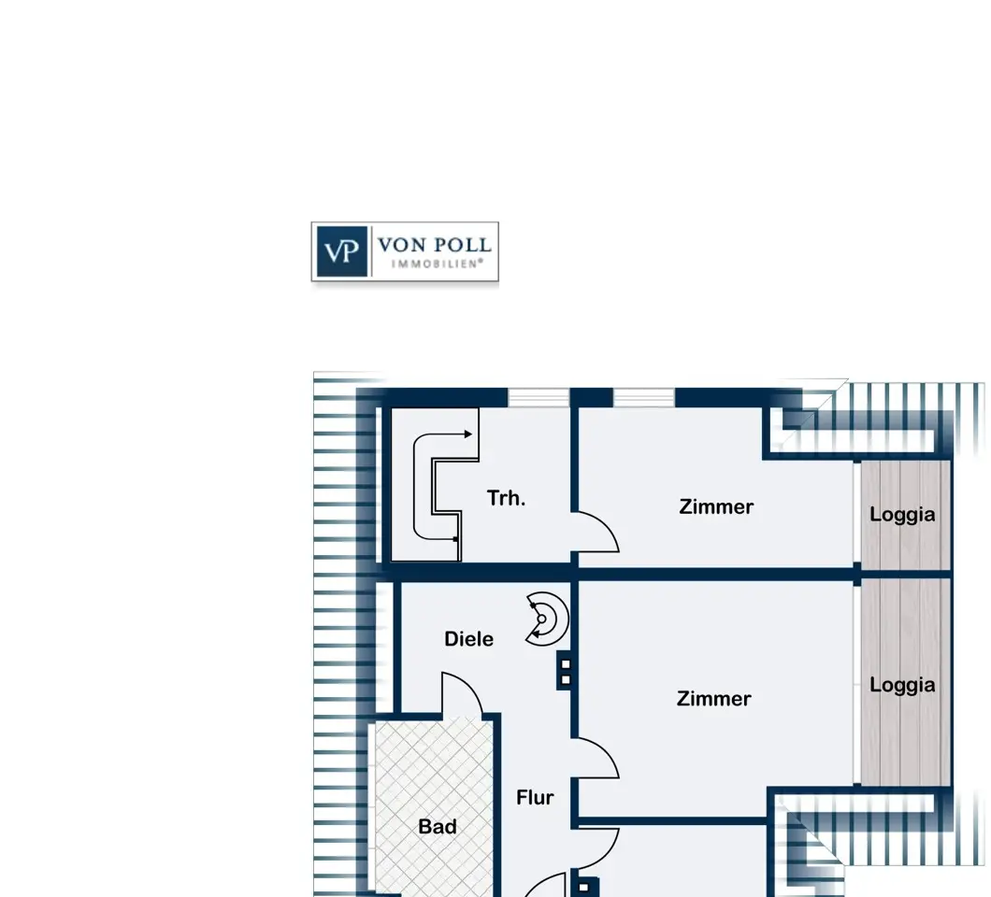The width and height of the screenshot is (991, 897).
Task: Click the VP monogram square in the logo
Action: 342,251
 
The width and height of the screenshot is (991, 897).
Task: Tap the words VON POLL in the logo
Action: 435,245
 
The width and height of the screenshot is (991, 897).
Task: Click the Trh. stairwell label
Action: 506,498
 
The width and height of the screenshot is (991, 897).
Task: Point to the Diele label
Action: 469,638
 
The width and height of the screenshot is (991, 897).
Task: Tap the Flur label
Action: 536,797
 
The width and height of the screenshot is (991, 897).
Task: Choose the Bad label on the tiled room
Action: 438,826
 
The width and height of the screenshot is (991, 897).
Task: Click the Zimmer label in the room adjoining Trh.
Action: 716,506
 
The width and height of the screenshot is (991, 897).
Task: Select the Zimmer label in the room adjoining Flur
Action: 713,699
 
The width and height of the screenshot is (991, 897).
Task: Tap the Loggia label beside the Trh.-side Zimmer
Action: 902,515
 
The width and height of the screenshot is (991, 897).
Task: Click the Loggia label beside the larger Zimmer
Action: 902,686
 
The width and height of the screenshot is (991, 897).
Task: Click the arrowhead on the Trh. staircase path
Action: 468,434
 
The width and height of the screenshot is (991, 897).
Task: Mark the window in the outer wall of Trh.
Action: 539,398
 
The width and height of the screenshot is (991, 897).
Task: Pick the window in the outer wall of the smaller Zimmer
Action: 644,398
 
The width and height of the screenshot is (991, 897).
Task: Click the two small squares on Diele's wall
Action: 566,672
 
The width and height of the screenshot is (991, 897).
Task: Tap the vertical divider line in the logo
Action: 372,251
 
